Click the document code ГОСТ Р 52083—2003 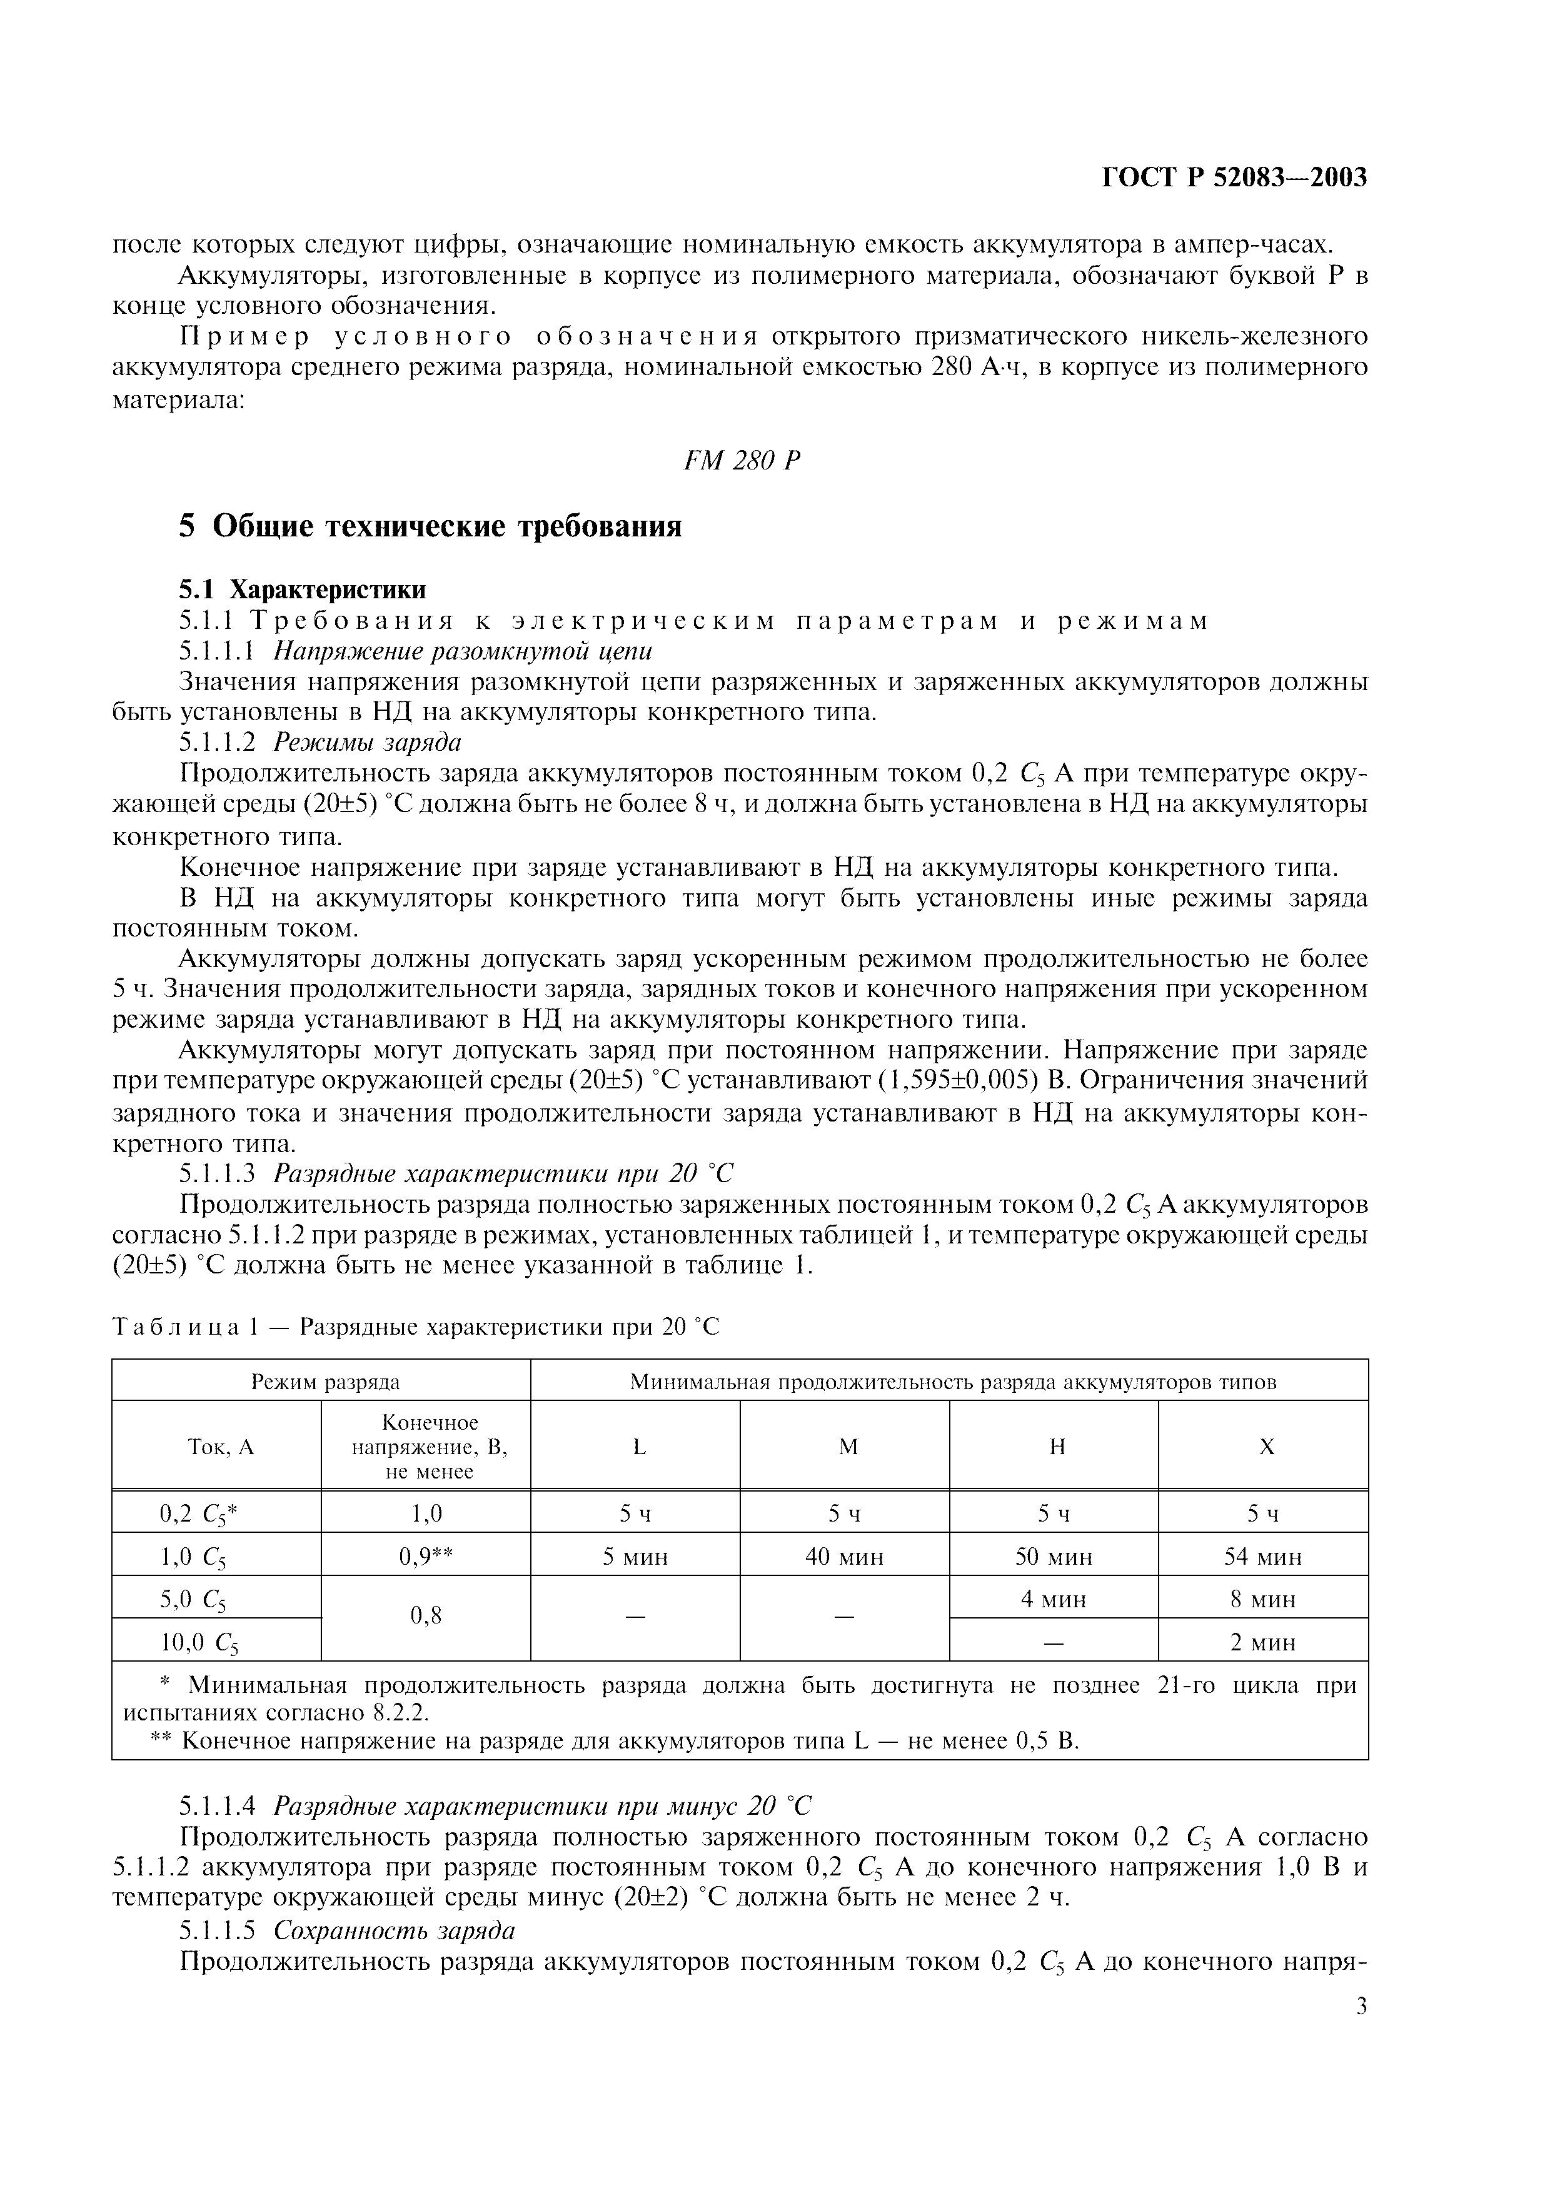click(1234, 178)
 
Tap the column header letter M click(847, 1447)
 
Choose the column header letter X click(1266, 1447)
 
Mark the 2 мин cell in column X click(1262, 1643)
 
